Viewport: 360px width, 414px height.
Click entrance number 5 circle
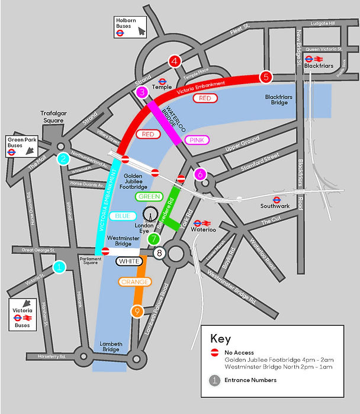(x=266, y=76)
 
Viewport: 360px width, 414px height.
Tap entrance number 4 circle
(x=174, y=60)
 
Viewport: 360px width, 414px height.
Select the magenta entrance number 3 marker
(x=142, y=92)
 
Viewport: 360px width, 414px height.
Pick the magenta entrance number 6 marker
(x=200, y=174)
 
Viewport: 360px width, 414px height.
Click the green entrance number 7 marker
(x=153, y=239)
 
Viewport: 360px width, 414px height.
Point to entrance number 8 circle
(x=159, y=253)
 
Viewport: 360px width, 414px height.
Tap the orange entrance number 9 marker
(x=137, y=311)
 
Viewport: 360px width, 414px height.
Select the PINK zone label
(x=195, y=140)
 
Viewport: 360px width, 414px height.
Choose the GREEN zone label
(x=149, y=196)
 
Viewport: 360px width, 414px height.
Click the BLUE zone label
(x=123, y=216)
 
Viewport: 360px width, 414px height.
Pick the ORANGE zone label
(x=134, y=282)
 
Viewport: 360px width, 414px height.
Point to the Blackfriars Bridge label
(x=276, y=100)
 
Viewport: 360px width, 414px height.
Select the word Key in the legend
(x=220, y=339)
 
